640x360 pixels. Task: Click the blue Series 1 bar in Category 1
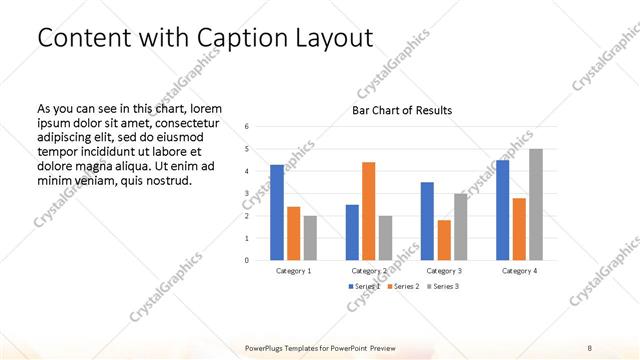277,212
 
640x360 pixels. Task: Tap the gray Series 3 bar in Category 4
536,204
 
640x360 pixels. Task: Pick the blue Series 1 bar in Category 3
427,221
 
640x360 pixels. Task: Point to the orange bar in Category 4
519,229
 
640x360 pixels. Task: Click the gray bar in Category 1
310,238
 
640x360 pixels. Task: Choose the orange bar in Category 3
444,240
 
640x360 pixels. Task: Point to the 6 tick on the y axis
247,126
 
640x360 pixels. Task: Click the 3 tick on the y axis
247,193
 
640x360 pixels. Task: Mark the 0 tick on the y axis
247,260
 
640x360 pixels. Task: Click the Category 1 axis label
294,271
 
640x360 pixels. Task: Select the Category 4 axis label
519,271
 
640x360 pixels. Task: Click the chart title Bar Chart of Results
402,110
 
